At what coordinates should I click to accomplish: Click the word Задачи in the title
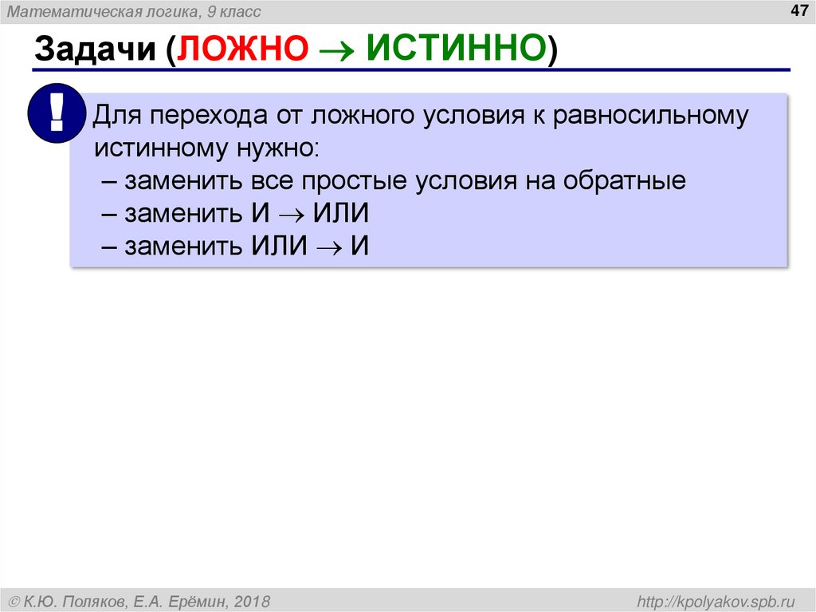pos(94,49)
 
